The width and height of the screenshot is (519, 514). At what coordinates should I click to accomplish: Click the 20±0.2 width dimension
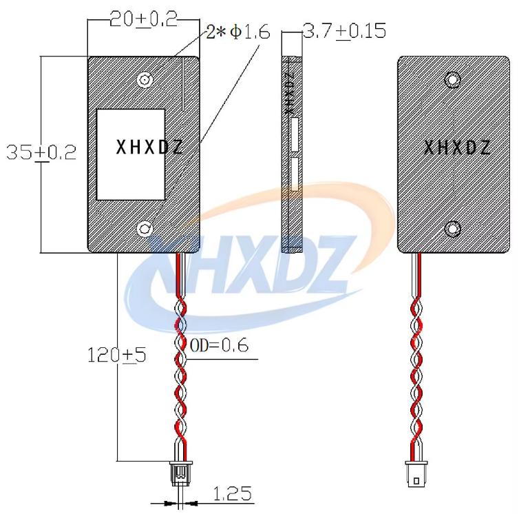click(x=143, y=19)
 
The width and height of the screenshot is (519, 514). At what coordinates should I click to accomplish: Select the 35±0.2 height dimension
click(x=41, y=153)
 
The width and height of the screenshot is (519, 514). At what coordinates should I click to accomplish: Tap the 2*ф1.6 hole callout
click(x=238, y=32)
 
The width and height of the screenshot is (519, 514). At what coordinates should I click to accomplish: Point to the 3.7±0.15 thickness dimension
click(x=344, y=31)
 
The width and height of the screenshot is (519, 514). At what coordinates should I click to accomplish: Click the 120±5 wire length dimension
click(x=116, y=356)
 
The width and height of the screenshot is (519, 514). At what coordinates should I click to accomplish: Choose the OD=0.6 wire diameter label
click(x=219, y=345)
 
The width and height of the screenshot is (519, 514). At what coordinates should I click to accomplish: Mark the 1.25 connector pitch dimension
click(x=232, y=494)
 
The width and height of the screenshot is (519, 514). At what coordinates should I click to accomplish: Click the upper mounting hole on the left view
click(x=145, y=79)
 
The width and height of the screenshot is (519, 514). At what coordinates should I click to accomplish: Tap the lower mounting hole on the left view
click(x=145, y=229)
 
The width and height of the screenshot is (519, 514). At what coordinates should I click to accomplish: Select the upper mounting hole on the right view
click(x=452, y=80)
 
